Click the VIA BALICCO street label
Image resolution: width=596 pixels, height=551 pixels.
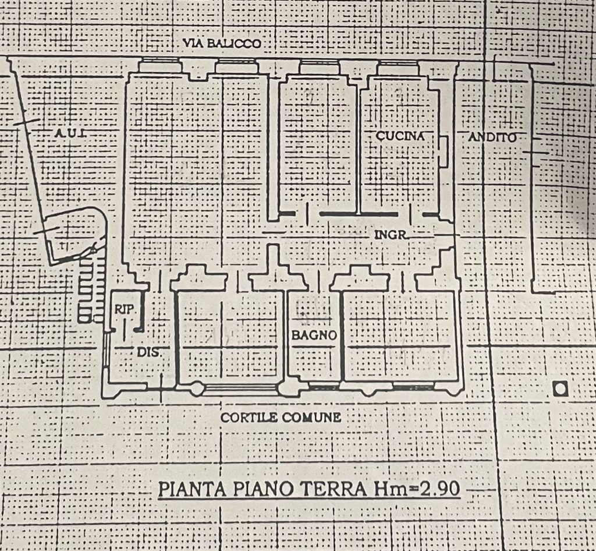221,43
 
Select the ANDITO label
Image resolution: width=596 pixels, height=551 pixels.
492,137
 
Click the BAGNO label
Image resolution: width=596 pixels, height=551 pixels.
314,335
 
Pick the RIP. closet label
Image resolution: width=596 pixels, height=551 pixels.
123,310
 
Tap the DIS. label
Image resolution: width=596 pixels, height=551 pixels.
148,352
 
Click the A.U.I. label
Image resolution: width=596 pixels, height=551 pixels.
70,133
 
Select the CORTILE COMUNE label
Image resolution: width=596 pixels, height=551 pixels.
281,417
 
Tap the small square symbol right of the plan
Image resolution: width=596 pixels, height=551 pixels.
560,388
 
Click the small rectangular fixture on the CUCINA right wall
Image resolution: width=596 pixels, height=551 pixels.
443,151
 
